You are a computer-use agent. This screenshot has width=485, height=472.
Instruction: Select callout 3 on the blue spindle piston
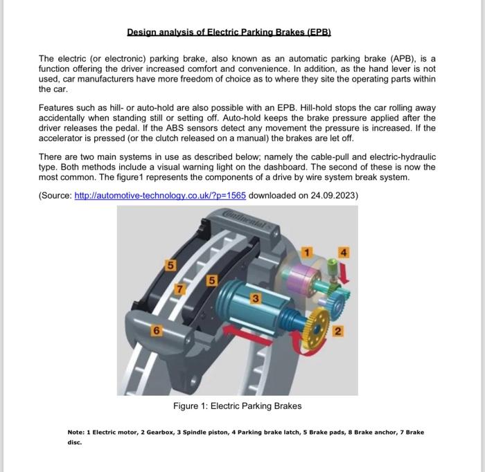256,298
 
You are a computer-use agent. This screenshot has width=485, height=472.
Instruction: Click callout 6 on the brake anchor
157,331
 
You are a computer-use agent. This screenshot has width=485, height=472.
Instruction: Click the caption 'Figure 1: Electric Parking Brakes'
237,406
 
